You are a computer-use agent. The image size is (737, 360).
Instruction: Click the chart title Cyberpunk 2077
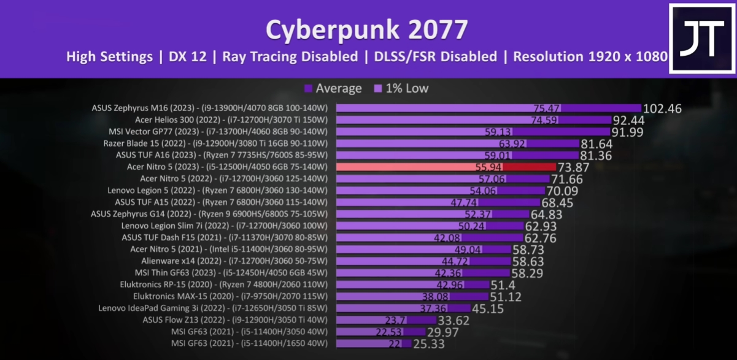pyautogui.click(x=366, y=29)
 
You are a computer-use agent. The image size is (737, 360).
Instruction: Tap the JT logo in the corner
pyautogui.click(x=702, y=38)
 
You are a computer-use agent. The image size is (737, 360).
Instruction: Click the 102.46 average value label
pyautogui.click(x=662, y=109)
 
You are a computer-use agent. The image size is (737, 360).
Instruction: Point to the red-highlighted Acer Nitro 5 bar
pyautogui.click(x=446, y=167)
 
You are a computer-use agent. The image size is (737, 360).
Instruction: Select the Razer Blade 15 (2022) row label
pyautogui.click(x=215, y=144)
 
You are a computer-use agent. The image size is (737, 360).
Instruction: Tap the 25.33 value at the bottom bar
pyautogui.click(x=438, y=344)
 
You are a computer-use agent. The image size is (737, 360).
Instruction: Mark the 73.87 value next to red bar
pyautogui.click(x=576, y=167)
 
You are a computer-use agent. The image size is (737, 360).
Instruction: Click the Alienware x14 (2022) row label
pyautogui.click(x=235, y=261)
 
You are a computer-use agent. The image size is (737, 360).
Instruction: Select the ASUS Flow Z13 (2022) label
pyautogui.click(x=235, y=320)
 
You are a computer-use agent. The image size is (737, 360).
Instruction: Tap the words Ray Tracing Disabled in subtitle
pyautogui.click(x=290, y=57)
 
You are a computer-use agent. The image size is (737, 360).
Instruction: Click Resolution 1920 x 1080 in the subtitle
pyautogui.click(x=590, y=57)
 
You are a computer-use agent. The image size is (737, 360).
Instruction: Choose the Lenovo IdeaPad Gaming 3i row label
pyautogui.click(x=213, y=308)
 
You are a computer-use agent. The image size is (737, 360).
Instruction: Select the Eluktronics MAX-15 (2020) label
pyautogui.click(x=230, y=296)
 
